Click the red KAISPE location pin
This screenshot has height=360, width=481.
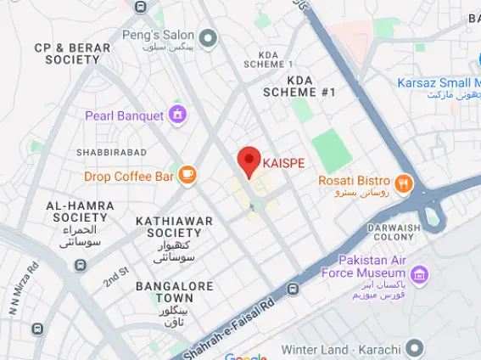tap(248, 160)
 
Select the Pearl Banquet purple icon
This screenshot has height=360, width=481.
tap(177, 114)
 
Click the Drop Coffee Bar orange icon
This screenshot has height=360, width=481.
tap(187, 176)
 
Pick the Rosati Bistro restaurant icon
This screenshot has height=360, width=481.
tap(404, 180)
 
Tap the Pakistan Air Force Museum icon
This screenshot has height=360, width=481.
tap(418, 273)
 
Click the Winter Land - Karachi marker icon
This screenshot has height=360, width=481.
tap(415, 347)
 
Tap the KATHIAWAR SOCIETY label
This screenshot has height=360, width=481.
tap(174, 227)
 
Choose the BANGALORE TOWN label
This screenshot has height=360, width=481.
tap(175, 292)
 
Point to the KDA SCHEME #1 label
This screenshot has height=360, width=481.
tap(299, 86)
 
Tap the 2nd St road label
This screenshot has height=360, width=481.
tap(115, 276)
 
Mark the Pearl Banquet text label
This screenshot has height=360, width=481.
tap(125, 115)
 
